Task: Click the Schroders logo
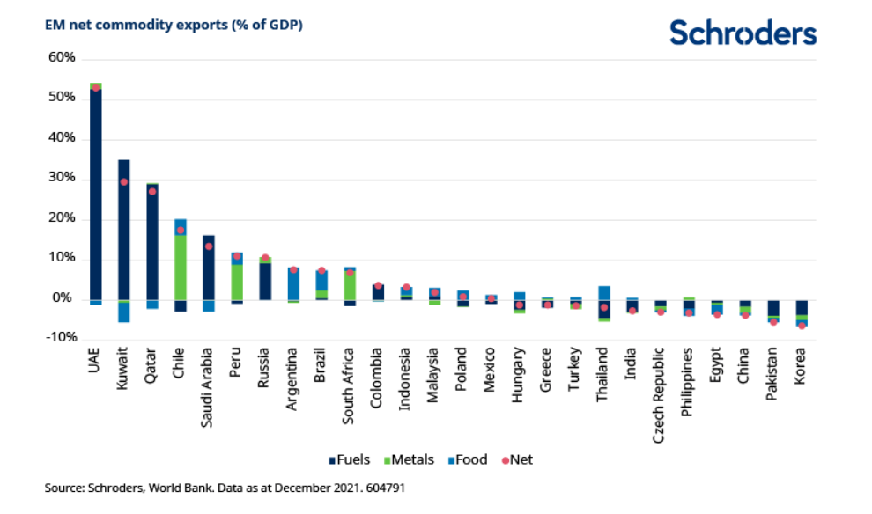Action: tap(743, 33)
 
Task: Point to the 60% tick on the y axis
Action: tap(63, 58)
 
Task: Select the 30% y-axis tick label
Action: tap(63, 179)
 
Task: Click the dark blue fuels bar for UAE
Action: tap(95, 194)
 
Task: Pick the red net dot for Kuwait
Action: tap(124, 182)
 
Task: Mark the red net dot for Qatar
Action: tap(152, 191)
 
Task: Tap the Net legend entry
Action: tap(515, 459)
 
